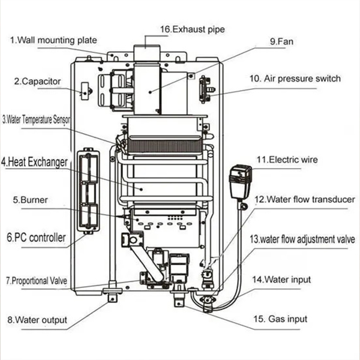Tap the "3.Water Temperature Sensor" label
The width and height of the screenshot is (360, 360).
coord(37,120)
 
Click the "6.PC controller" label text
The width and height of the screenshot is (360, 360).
coord(36,238)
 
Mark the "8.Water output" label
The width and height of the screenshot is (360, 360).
coord(37,320)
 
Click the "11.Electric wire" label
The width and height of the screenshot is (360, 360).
coord(287,160)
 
